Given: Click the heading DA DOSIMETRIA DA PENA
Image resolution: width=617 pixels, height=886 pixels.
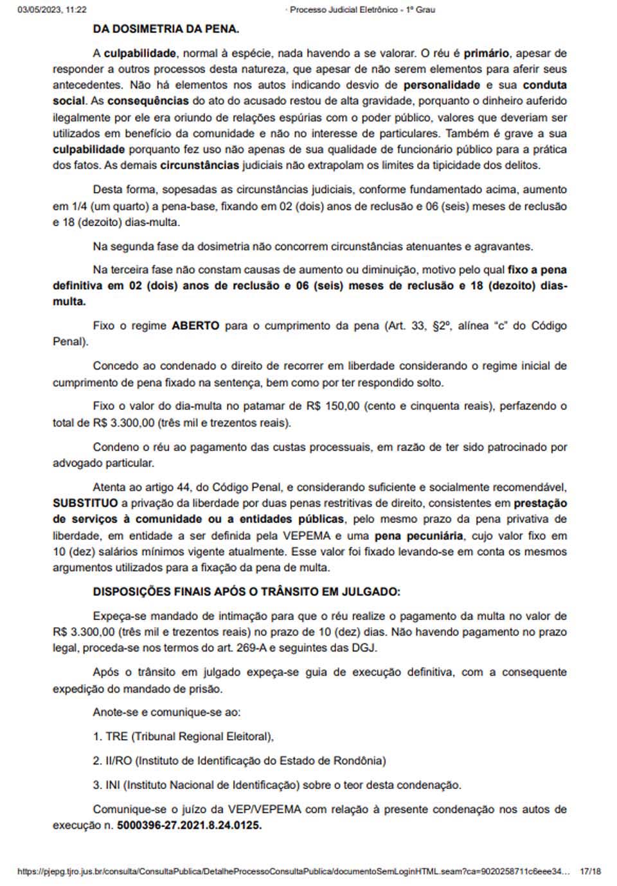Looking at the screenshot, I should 166,29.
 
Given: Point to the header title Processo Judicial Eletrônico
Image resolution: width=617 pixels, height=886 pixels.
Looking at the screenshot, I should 344,10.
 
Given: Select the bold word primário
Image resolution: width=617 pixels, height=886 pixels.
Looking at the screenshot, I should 487,53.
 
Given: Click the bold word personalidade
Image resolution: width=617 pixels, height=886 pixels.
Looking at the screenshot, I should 442,85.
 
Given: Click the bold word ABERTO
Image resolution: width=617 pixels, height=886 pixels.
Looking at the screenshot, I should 195,326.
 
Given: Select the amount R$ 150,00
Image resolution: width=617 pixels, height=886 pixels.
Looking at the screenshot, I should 333,406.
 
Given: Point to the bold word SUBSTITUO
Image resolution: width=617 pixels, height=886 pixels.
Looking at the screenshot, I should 85,503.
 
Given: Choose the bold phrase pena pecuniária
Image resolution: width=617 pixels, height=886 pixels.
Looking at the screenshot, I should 418,535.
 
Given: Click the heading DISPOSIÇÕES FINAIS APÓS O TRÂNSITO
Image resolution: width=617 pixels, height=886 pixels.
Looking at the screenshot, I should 246,592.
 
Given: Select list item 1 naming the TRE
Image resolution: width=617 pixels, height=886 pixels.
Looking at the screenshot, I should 184,736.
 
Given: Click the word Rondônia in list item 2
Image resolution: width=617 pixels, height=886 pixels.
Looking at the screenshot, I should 359,761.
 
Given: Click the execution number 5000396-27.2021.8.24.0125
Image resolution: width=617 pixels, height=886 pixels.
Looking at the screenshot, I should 189,825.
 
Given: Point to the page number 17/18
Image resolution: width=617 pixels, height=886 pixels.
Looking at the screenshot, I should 589,871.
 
